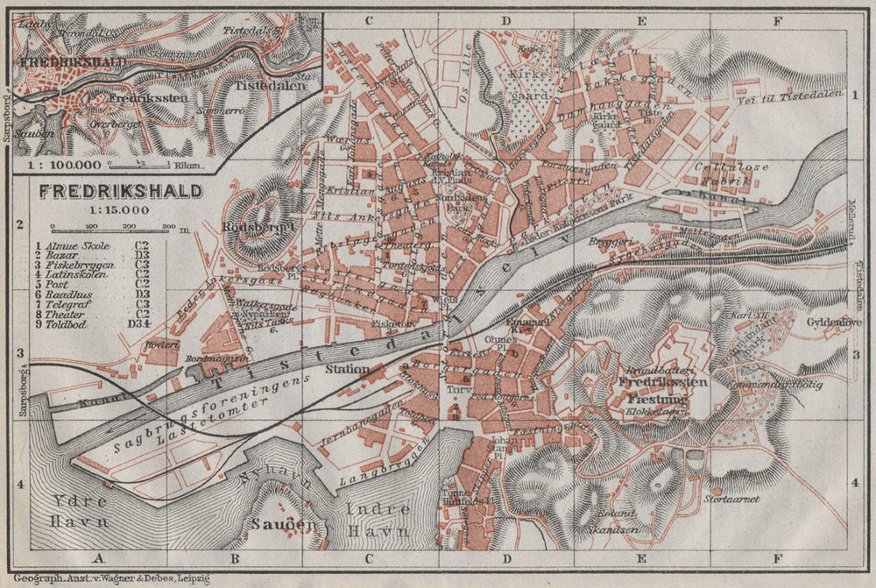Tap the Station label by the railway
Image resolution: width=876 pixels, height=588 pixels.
(347, 369)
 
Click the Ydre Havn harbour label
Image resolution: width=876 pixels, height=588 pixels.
(78, 511)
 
